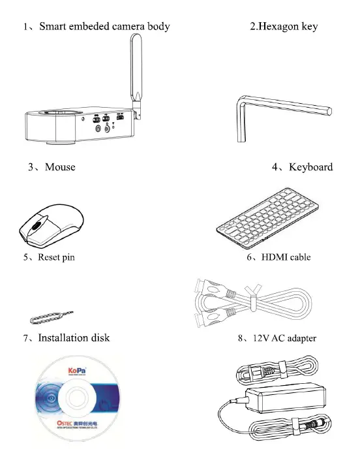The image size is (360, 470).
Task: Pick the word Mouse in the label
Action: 60,167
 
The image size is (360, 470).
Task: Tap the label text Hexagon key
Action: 289,27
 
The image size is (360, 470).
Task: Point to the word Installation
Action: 65,337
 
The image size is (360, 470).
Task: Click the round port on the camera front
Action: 98,129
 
